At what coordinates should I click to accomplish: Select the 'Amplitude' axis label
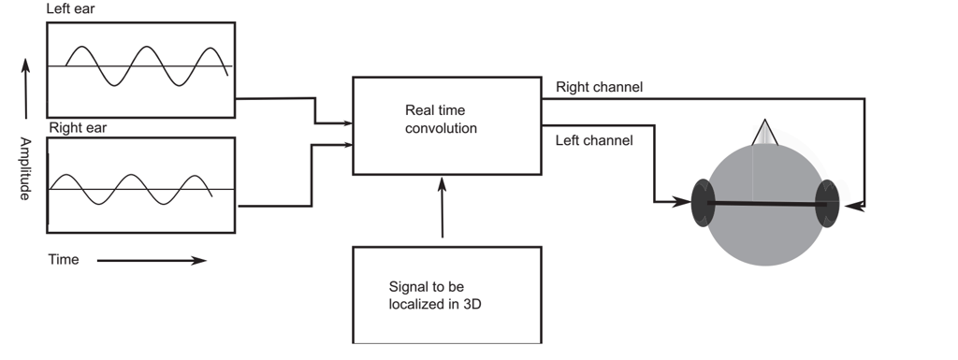(25, 168)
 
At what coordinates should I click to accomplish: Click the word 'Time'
(64, 260)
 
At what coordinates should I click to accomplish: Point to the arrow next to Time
(151, 260)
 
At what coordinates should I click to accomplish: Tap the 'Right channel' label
(599, 87)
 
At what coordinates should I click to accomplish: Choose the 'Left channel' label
(594, 141)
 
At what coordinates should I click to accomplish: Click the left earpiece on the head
(703, 202)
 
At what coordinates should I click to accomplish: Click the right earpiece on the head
(827, 202)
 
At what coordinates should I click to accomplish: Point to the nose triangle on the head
(765, 133)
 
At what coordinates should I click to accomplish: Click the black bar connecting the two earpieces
(765, 202)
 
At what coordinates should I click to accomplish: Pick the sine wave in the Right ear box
(131, 189)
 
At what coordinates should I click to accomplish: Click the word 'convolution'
(441, 128)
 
